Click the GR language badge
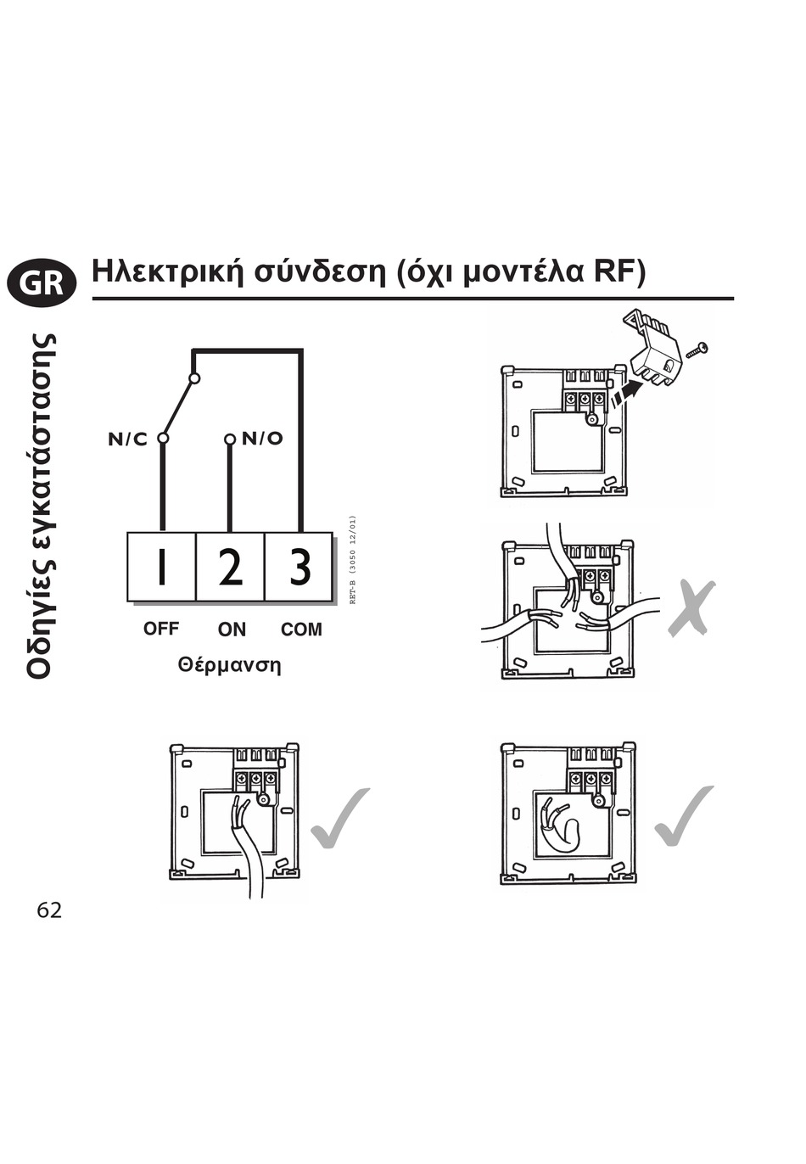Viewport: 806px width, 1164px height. click(41, 282)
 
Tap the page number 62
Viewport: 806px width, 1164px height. click(49, 910)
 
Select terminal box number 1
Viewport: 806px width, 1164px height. click(161, 567)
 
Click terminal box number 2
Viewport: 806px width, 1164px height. click(230, 567)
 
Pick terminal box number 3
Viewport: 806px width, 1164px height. click(299, 567)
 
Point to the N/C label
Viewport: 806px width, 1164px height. click(127, 439)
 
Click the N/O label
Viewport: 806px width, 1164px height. click(262, 439)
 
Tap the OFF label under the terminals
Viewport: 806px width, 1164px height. click(161, 629)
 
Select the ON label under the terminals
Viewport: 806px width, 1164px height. click(232, 630)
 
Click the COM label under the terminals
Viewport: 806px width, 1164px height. click(301, 630)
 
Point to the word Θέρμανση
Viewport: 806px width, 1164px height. click(229, 665)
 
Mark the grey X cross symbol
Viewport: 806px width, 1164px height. click(691, 607)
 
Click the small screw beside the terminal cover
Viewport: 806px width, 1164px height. click(697, 348)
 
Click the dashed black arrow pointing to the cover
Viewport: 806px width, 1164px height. click(627, 392)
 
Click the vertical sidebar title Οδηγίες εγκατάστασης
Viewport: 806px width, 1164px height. click(42, 505)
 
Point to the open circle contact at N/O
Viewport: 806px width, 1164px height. click(229, 439)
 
